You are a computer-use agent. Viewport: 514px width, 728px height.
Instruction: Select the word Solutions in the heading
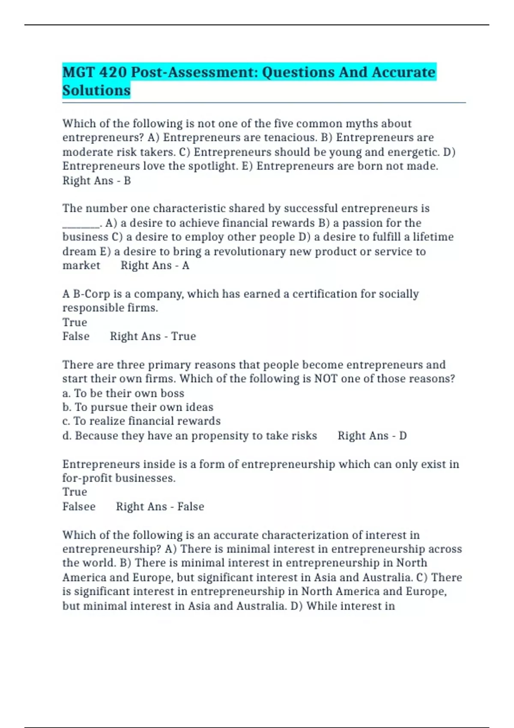click(96, 90)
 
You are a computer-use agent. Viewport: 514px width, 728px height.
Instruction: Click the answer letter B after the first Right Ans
click(127, 181)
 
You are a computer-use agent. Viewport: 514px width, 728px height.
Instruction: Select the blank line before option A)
click(81, 224)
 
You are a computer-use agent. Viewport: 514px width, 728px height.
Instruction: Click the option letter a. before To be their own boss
click(66, 393)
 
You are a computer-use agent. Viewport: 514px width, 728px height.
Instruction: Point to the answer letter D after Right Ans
click(403, 436)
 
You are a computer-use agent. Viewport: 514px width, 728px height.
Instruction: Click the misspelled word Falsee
click(79, 507)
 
